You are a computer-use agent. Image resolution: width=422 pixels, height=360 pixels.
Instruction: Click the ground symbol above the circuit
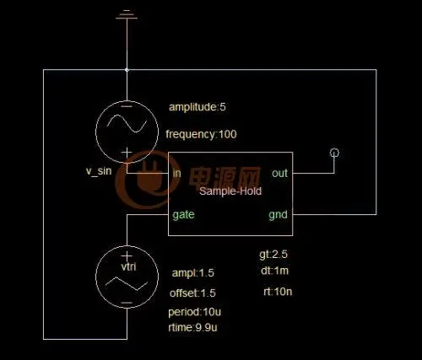pyautogui.click(x=127, y=14)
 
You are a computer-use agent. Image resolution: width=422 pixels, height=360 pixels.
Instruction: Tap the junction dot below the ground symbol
pyautogui.click(x=127, y=70)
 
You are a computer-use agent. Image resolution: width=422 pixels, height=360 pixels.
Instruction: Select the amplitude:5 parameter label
pyautogui.click(x=197, y=107)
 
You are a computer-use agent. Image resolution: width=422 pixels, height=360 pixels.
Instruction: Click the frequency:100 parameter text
pyautogui.click(x=201, y=134)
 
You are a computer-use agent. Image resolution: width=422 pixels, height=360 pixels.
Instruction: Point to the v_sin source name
pyautogui.click(x=99, y=171)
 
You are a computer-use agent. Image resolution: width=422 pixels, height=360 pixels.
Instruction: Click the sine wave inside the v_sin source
pyautogui.click(x=127, y=124)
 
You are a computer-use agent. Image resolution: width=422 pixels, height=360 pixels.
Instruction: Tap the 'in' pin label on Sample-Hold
pyautogui.click(x=176, y=173)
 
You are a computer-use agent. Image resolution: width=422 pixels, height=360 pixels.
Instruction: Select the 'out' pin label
pyautogui.click(x=279, y=174)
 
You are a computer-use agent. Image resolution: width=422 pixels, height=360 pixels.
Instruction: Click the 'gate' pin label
pyautogui.click(x=183, y=215)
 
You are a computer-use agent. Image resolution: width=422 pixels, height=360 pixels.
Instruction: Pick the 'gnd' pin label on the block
pyautogui.click(x=278, y=215)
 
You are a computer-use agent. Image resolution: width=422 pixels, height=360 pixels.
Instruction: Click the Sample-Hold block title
pyautogui.click(x=230, y=191)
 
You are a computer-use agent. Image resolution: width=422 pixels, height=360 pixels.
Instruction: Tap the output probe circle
pyautogui.click(x=334, y=153)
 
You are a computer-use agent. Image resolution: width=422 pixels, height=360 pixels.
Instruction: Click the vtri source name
pyautogui.click(x=128, y=266)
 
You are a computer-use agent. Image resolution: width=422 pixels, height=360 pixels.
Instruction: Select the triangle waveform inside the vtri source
pyautogui.click(x=127, y=283)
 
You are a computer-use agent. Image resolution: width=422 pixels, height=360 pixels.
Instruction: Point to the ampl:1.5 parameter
pyautogui.click(x=193, y=273)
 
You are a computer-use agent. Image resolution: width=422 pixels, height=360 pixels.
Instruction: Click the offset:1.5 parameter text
pyautogui.click(x=192, y=293)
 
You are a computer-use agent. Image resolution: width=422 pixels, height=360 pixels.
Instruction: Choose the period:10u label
pyautogui.click(x=195, y=312)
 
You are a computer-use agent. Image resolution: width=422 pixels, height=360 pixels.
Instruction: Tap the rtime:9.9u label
pyautogui.click(x=192, y=327)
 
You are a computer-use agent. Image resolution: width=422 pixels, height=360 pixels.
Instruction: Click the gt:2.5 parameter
pyautogui.click(x=273, y=255)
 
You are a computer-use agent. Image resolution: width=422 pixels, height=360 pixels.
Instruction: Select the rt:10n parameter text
pyautogui.click(x=278, y=292)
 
